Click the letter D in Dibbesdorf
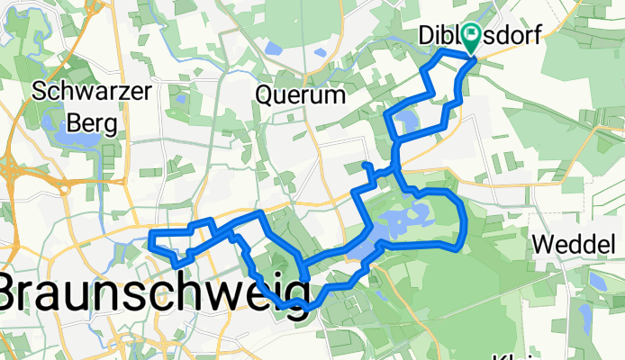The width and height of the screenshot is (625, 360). coord(426,36)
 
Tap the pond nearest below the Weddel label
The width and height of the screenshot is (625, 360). coord(595,281)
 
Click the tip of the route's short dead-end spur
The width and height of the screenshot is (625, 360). coord(364,165)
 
